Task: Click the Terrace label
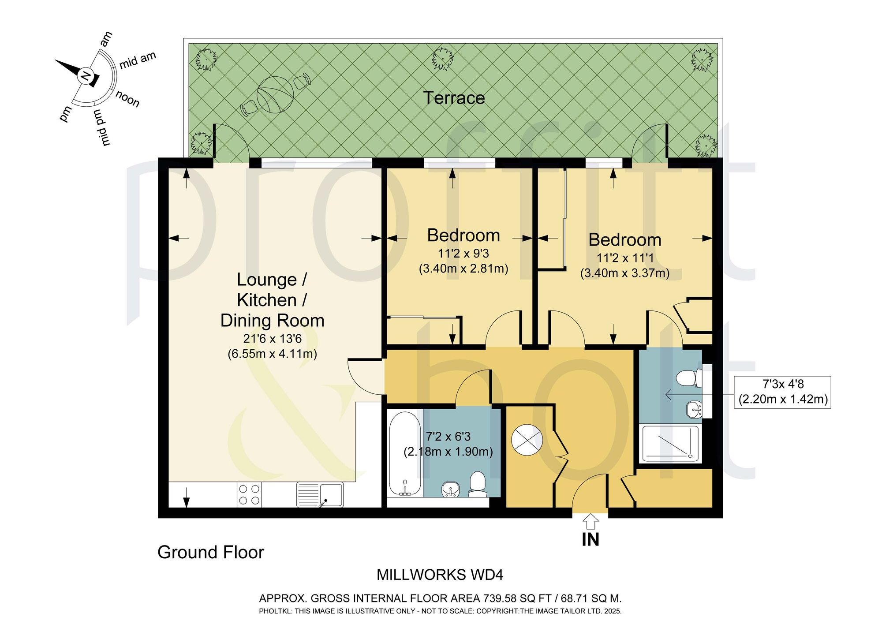tap(454, 98)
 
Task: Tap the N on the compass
tap(86, 76)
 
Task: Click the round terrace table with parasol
tap(275, 94)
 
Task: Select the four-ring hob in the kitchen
tap(249, 494)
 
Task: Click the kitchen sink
tap(320, 494)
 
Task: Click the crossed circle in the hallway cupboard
tap(527, 440)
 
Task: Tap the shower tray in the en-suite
tap(670, 444)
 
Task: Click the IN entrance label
tap(590, 539)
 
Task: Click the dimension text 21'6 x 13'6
tap(273, 339)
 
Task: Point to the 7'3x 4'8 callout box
tap(783, 392)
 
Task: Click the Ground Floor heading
tap(211, 553)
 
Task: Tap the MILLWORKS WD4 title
tap(440, 575)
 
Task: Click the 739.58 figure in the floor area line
tap(501, 598)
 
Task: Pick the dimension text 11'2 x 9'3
tap(463, 254)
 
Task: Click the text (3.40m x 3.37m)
tap(625, 273)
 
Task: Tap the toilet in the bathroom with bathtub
tap(478, 484)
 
